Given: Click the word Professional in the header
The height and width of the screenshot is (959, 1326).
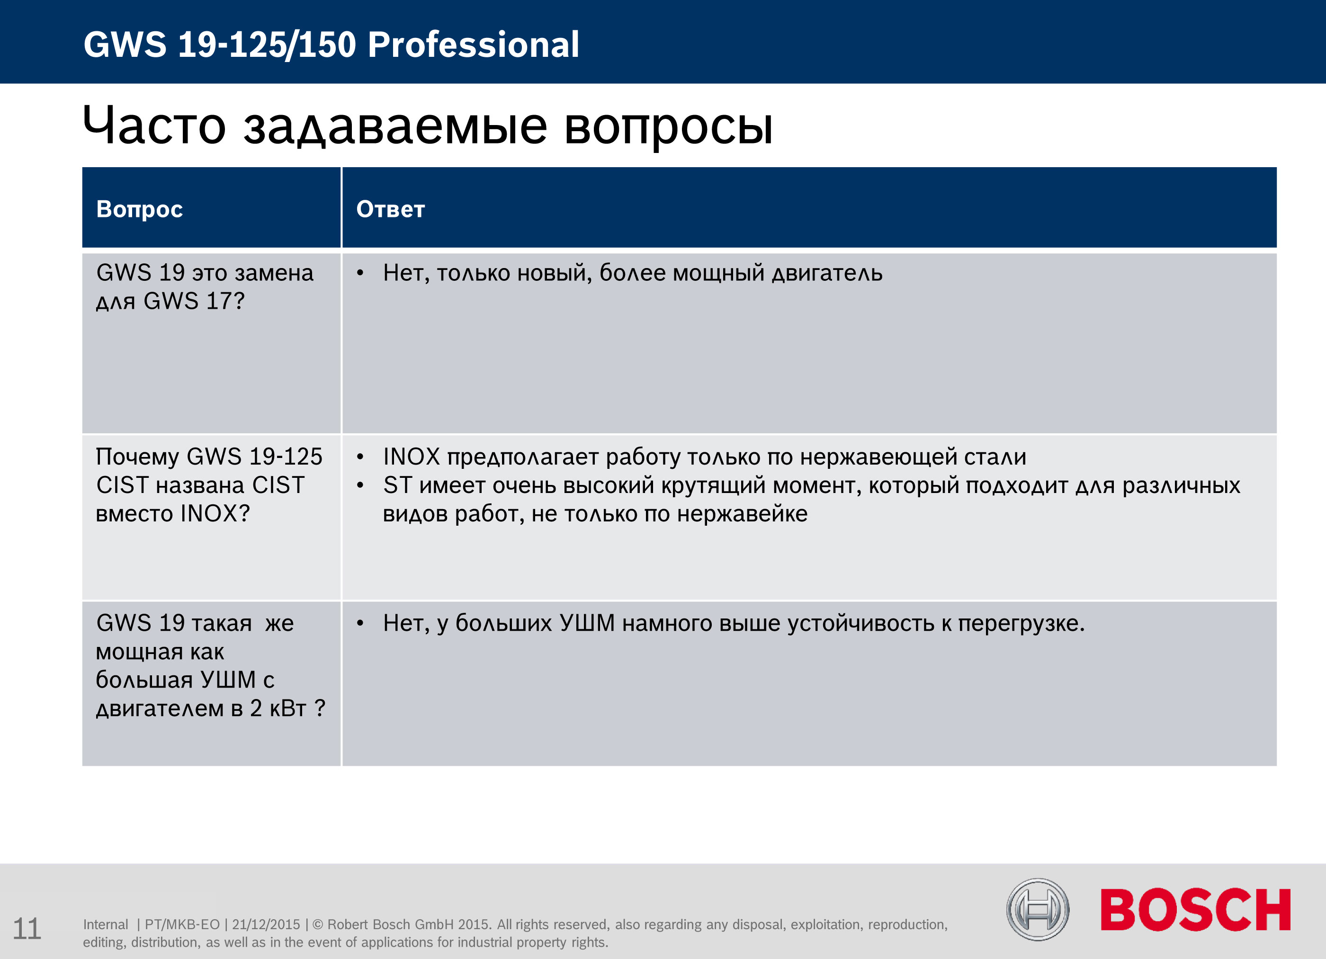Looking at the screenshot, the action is click(474, 45).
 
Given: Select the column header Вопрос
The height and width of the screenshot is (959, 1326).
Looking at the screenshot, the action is click(140, 209).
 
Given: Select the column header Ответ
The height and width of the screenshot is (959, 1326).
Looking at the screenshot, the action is click(391, 209).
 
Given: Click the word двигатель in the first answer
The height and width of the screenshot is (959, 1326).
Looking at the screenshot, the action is click(827, 274).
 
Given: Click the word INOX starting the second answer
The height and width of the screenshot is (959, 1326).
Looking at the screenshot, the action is click(412, 457).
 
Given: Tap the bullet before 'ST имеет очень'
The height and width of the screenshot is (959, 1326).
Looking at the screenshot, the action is click(361, 485).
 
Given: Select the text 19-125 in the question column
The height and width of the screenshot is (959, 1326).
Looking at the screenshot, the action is click(286, 457).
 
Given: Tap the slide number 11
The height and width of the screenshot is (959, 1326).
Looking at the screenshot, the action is click(27, 929).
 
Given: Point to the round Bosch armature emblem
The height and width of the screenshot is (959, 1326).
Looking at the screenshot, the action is click(1038, 910).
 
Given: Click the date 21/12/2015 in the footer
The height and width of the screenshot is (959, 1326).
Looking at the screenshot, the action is click(266, 924).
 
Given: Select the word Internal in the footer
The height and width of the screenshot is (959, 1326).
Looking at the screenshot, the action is click(105, 924).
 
